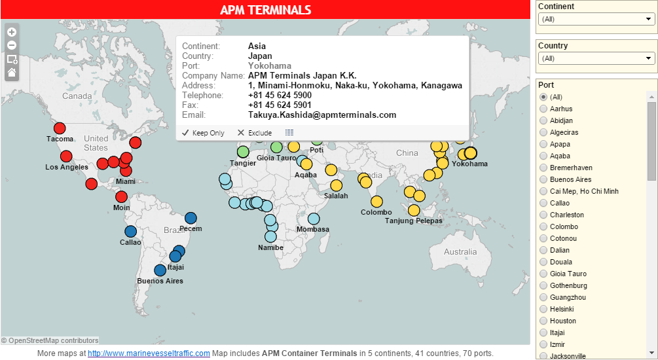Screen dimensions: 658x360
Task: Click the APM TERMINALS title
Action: pos(265,10)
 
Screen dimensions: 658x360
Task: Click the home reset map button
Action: pos(12,73)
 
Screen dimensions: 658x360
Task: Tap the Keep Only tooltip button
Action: pos(203,133)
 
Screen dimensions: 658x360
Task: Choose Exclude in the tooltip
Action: pos(254,133)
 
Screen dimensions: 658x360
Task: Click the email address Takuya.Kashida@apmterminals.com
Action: pos(322,115)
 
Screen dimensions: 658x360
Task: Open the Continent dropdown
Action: pos(596,19)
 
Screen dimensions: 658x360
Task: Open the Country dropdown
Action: pos(596,58)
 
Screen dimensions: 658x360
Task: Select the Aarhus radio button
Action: pos(543,109)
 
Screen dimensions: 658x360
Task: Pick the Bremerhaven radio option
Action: pos(543,168)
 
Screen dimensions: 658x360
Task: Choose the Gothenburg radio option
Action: pos(543,285)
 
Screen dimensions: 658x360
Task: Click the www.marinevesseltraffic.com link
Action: pos(149,353)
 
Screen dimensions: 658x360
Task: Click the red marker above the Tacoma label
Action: pos(60,128)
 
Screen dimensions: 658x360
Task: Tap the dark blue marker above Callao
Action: pos(130,231)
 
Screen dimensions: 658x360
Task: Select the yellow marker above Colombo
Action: pos(376,202)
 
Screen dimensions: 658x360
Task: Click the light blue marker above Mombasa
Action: pos(314,219)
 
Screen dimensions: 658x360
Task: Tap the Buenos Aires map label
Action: pos(160,281)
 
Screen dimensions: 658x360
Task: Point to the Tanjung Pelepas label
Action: pos(413,221)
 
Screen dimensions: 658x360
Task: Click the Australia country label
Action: pos(460,252)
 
